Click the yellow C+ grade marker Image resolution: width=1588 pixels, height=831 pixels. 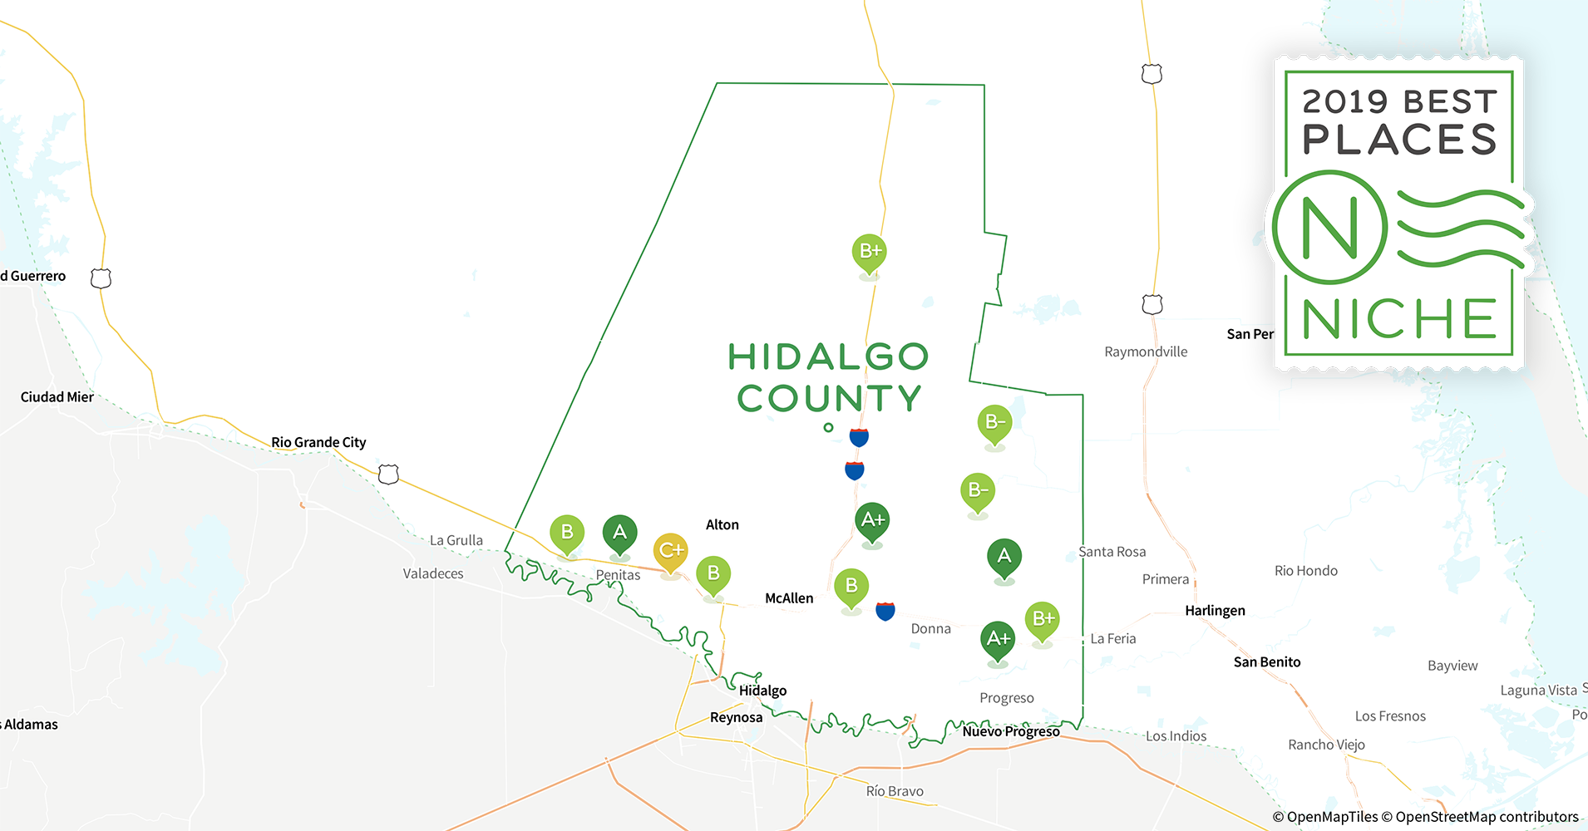click(x=670, y=550)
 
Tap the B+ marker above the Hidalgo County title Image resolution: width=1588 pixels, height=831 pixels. click(x=869, y=251)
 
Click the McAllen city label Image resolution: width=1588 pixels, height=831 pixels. click(x=789, y=598)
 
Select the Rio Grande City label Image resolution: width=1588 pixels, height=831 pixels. click(x=318, y=442)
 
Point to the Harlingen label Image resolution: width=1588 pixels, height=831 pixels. click(x=1215, y=611)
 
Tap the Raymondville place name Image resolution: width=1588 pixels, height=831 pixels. click(x=1146, y=352)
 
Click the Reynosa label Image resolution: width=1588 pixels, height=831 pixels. click(x=736, y=717)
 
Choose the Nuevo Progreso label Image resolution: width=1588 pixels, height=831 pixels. click(x=1011, y=731)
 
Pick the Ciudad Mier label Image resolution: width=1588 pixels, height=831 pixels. click(x=57, y=397)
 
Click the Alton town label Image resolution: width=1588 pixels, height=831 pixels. click(x=722, y=524)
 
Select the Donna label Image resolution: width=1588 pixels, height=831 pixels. click(x=930, y=629)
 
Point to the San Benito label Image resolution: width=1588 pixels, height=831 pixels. click(x=1267, y=662)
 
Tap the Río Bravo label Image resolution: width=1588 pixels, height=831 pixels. click(x=895, y=791)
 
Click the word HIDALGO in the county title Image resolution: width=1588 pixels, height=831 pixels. click(x=828, y=357)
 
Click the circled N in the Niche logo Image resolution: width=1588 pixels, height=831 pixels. click(x=1329, y=228)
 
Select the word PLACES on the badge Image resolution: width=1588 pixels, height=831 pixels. click(x=1399, y=140)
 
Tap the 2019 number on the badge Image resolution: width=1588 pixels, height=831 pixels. click(x=1345, y=102)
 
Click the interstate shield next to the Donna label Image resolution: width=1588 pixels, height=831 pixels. click(x=885, y=612)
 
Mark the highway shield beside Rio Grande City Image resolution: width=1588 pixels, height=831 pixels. click(x=388, y=475)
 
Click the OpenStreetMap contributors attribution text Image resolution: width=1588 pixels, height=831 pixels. click(x=1487, y=817)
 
